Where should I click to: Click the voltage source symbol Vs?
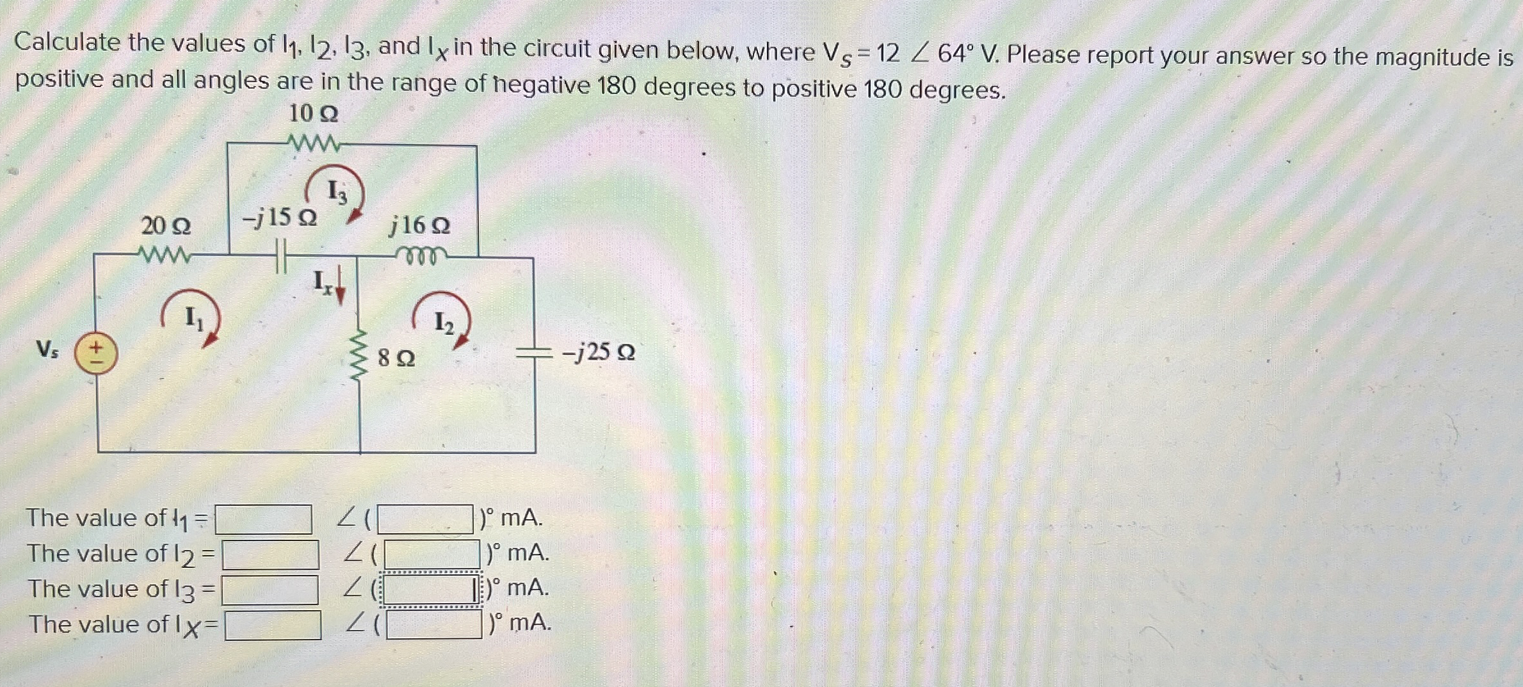[96, 354]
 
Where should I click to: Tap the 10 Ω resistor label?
[313, 114]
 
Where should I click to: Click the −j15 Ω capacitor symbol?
[280, 255]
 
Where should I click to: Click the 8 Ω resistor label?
[396, 358]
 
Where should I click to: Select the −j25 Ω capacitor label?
[598, 352]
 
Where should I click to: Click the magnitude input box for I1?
[263, 519]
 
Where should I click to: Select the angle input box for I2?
[432, 554]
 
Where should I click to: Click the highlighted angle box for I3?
[430, 590]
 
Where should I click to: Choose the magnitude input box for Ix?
[273, 626]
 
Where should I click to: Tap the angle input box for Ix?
[434, 626]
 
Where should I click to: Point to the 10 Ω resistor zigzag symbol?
[313, 143]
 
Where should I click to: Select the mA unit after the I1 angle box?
[521, 517]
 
